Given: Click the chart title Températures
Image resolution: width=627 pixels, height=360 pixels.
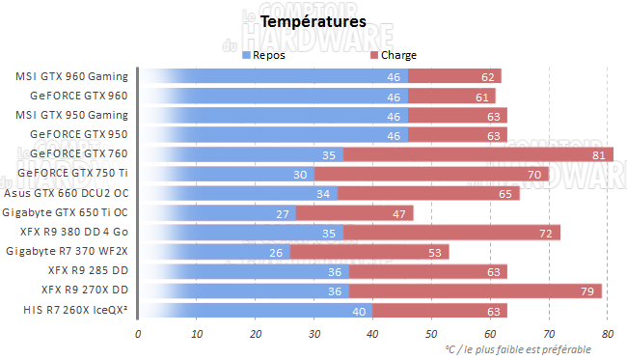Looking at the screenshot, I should click(x=300, y=19).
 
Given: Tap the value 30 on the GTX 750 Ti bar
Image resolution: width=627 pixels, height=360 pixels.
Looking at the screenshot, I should click(x=300, y=174).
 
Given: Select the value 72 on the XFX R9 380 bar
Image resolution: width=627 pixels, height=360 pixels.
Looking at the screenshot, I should click(x=546, y=233).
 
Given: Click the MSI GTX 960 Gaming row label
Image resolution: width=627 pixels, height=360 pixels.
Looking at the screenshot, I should click(x=71, y=76).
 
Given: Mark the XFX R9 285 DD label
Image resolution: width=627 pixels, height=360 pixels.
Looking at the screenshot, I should click(x=85, y=271).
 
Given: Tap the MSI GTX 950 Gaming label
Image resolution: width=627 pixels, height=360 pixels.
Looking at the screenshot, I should click(x=71, y=115).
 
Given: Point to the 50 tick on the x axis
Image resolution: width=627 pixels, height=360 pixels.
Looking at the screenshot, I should click(x=431, y=334).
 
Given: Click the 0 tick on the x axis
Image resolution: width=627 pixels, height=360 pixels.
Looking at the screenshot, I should click(x=138, y=334).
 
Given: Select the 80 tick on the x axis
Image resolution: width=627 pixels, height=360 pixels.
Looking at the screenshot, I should click(x=607, y=334).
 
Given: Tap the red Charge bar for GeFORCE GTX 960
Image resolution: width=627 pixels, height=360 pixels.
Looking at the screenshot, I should click(x=451, y=96).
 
